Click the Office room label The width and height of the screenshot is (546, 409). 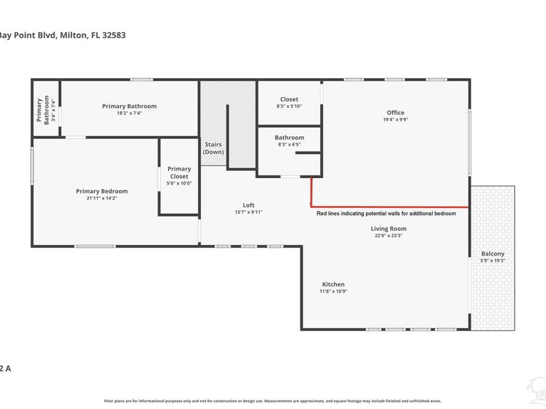coord(396,112)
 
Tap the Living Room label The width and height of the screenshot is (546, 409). coord(389,228)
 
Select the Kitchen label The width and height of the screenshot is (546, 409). coord(333,284)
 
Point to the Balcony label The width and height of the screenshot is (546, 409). coord(493,254)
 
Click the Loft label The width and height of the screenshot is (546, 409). coord(249,205)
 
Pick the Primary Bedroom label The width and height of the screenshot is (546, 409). coord(102,191)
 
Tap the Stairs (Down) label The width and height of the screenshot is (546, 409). coord(213,148)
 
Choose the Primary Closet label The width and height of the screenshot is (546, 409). coord(180,173)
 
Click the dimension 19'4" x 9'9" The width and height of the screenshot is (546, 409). coord(396,119)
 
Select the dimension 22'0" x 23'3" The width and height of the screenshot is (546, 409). coord(389,236)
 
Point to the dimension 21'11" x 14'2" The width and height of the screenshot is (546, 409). coord(102,198)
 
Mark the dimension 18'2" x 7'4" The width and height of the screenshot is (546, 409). coord(129,113)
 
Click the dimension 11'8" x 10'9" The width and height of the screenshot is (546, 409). coord(333,291)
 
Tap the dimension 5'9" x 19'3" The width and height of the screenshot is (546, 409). coord(493,261)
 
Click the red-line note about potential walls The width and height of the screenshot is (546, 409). coord(386,213)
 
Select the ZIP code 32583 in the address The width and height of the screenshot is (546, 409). coord(114,35)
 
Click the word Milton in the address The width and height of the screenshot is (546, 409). coord(74,35)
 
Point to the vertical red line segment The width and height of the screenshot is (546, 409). coord(311,191)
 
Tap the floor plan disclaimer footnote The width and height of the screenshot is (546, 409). coord(272,401)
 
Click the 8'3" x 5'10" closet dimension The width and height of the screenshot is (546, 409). coord(289,106)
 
